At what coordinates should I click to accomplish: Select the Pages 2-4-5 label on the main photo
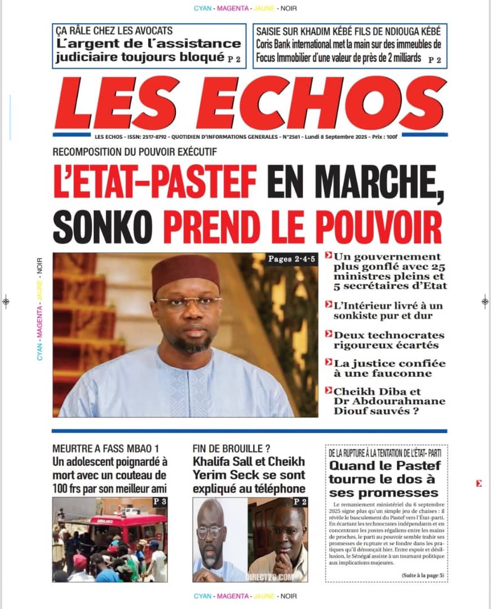click(291, 260)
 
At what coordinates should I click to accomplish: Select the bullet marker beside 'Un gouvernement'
click(328, 257)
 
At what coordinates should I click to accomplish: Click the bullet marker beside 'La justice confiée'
click(328, 363)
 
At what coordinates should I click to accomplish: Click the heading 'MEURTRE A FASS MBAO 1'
click(101, 449)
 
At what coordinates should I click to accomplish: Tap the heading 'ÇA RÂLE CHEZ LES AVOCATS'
click(113, 31)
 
